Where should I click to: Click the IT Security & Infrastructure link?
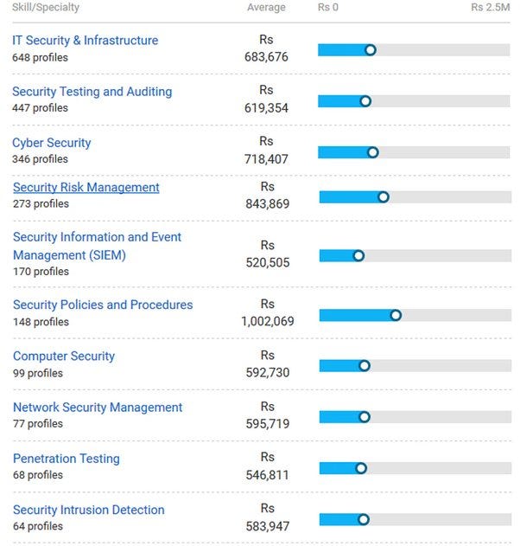[85, 41]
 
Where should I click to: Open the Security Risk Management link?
[86, 188]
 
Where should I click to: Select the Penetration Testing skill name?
[66, 459]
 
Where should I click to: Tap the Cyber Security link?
[51, 143]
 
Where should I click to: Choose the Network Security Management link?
[98, 408]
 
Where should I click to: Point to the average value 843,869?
[268, 204]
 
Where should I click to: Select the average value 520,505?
[268, 263]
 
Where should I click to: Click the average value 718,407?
[267, 159]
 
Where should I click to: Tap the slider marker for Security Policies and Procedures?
[396, 315]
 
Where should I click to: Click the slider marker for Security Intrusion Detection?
[364, 520]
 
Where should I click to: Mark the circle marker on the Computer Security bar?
[364, 366]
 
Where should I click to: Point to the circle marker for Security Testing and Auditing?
[365, 101]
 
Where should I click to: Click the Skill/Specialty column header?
[46, 8]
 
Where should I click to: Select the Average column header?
[266, 8]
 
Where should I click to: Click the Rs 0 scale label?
[328, 8]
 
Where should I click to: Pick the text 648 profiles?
[40, 58]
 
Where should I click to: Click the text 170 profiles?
[41, 272]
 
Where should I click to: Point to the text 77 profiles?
[38, 424]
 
